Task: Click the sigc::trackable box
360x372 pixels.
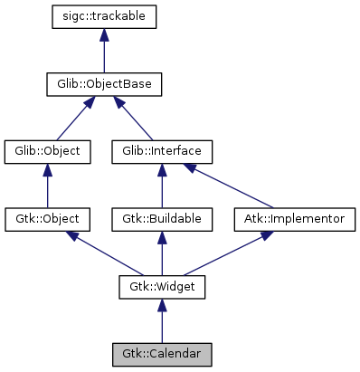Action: pyautogui.click(x=105, y=17)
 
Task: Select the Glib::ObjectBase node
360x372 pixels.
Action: pyautogui.click(x=105, y=85)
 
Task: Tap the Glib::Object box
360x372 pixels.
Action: pyautogui.click(x=47, y=151)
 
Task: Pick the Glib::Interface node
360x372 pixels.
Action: pyautogui.click(x=162, y=151)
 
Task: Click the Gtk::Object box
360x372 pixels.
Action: pyautogui.click(x=47, y=219)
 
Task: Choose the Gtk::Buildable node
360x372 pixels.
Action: pyautogui.click(x=162, y=219)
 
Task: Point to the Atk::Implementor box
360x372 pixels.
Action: pyautogui.click(x=295, y=219)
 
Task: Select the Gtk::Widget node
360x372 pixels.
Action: pyautogui.click(x=162, y=287)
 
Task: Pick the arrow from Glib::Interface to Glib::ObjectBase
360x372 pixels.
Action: pyautogui.click(x=135, y=119)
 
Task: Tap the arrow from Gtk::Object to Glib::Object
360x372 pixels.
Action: pyautogui.click(x=47, y=186)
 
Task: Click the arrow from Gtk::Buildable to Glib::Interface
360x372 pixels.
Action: pyautogui.click(x=162, y=186)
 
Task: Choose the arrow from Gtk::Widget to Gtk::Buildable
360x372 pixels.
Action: pyautogui.click(x=162, y=253)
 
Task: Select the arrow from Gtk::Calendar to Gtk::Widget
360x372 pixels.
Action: pyautogui.click(x=162, y=321)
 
